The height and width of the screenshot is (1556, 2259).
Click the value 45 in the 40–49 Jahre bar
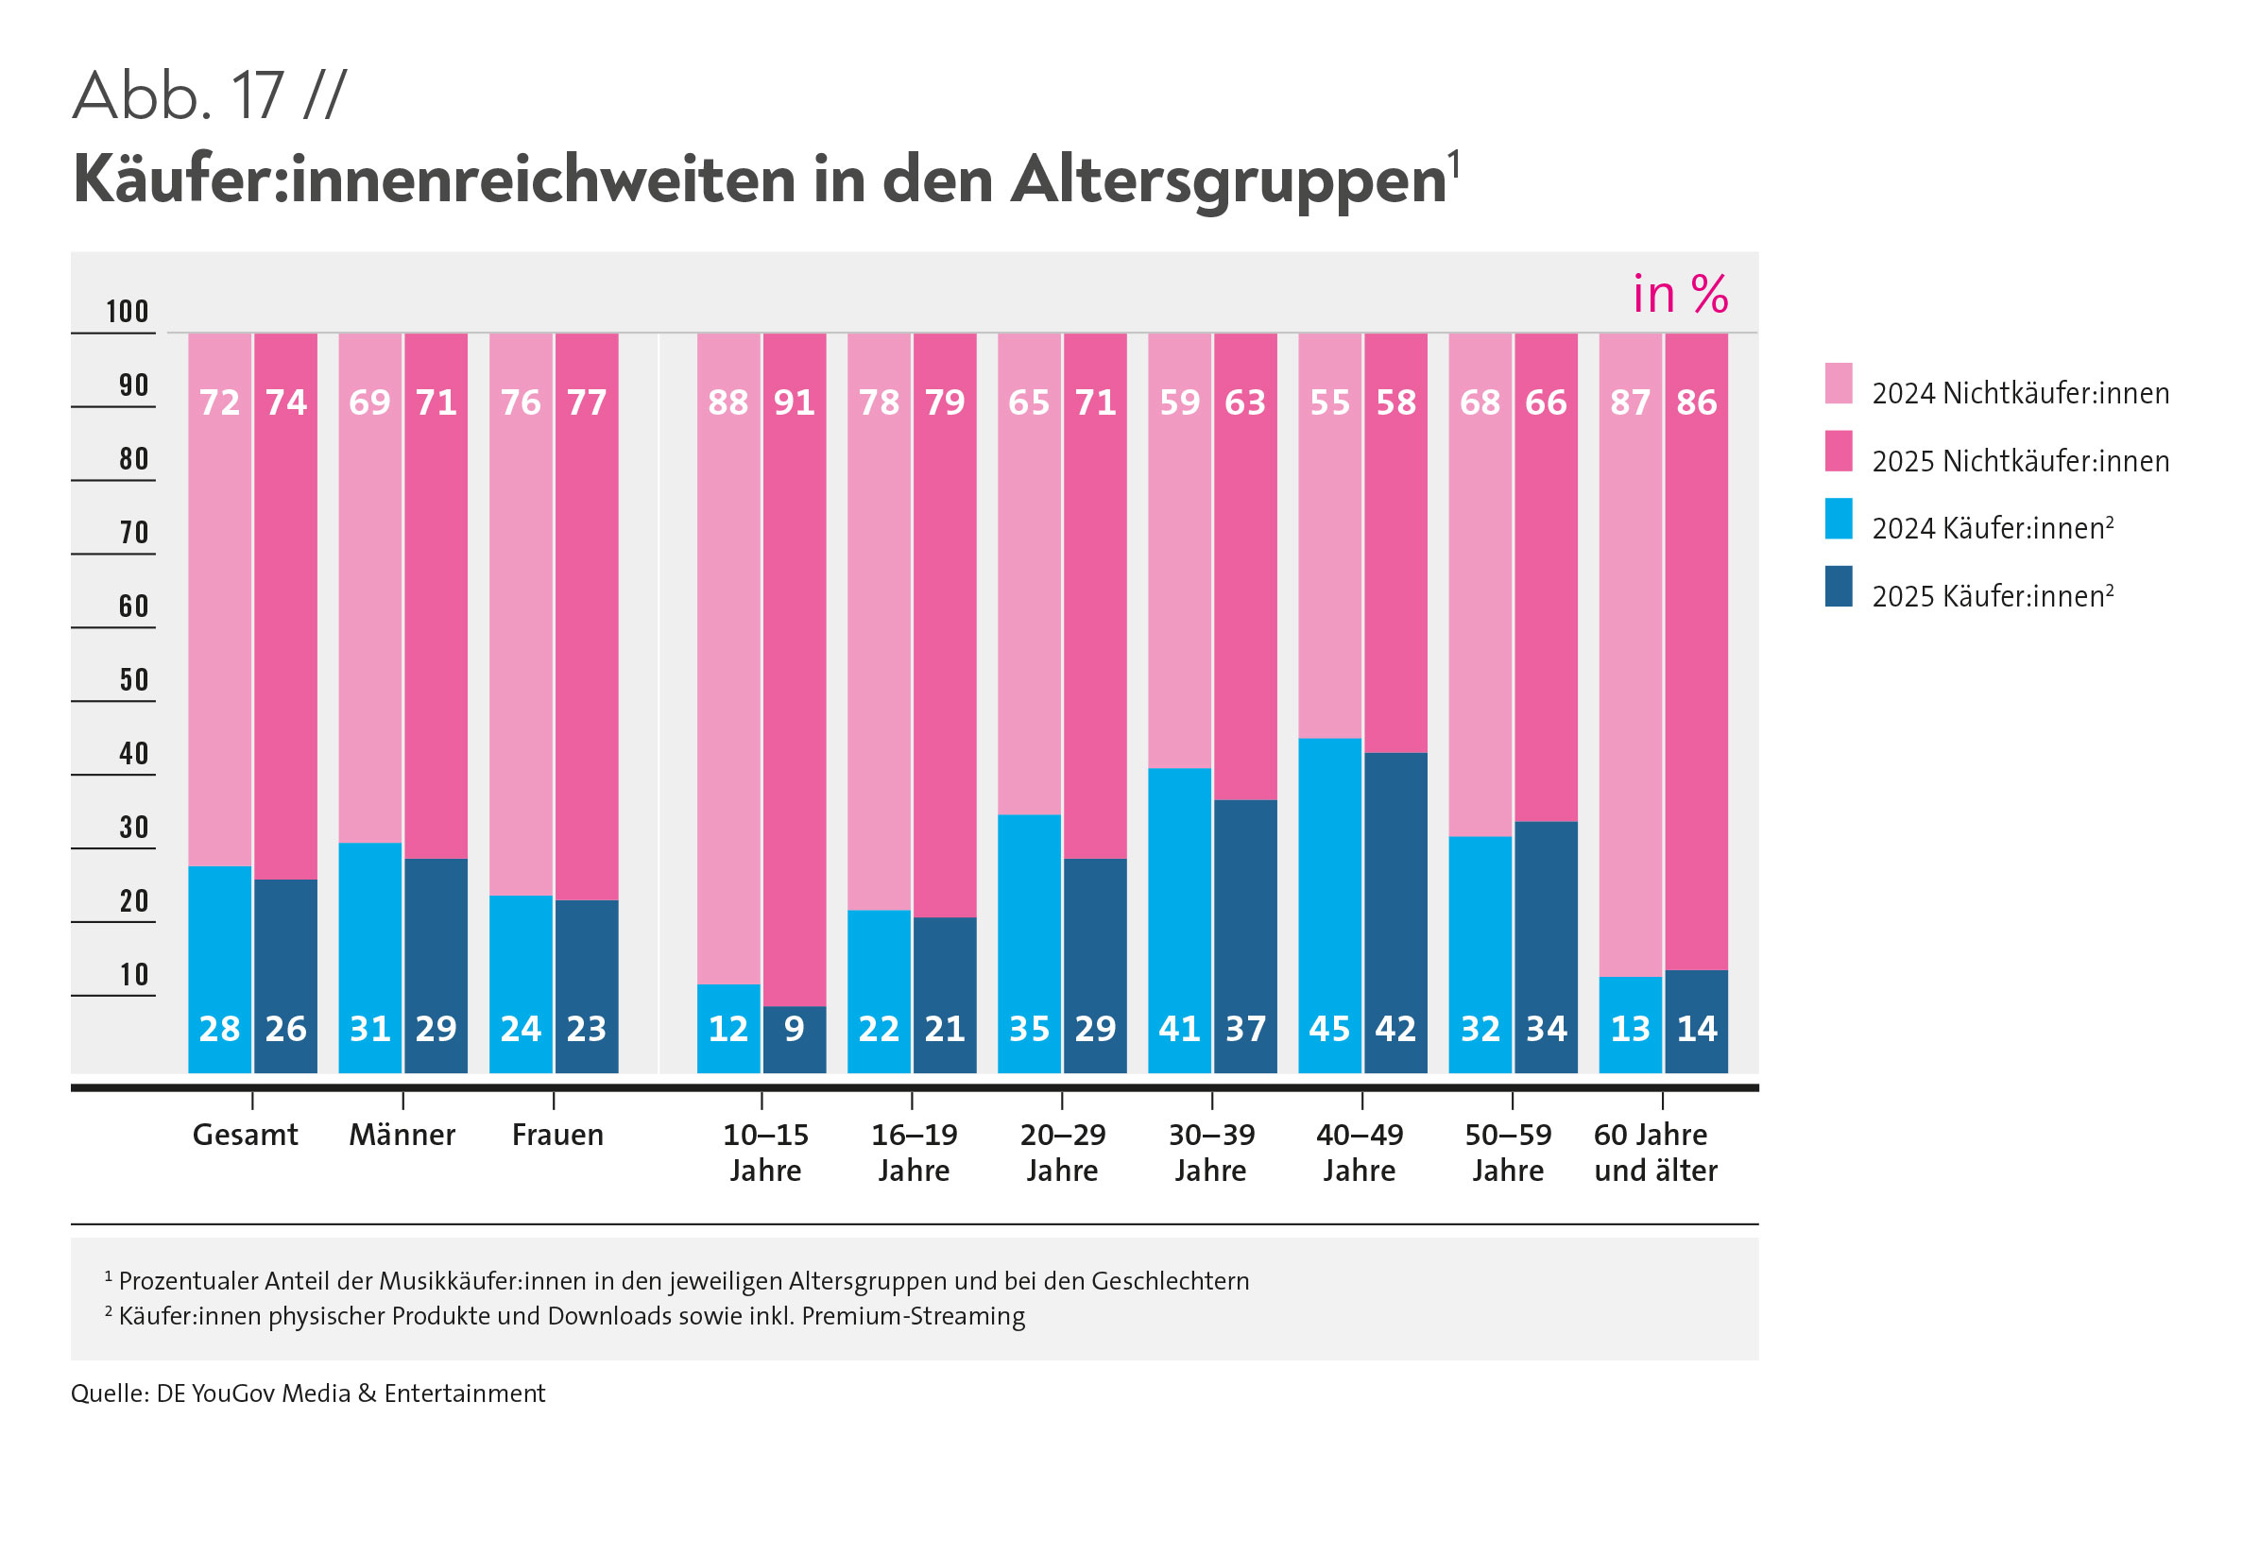(1329, 1029)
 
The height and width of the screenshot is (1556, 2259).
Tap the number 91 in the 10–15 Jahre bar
(794, 402)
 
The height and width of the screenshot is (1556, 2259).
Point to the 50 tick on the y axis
(133, 680)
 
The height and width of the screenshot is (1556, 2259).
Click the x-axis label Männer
(402, 1135)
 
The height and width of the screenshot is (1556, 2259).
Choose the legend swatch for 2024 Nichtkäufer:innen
(1838, 384)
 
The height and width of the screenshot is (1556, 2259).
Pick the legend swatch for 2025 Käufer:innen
(1838, 587)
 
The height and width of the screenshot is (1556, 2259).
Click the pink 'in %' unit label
(1680, 295)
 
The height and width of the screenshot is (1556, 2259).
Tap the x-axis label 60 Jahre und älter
(1654, 1153)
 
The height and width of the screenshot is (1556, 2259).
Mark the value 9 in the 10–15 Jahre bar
(794, 1029)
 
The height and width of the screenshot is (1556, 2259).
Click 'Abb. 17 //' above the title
(209, 96)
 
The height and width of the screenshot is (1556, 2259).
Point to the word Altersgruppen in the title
(1227, 180)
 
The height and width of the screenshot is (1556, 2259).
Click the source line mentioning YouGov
(307, 1394)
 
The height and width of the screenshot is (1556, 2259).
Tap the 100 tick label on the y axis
(127, 312)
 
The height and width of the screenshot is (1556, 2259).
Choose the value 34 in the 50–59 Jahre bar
(1547, 1029)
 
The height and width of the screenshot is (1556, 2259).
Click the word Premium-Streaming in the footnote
(913, 1316)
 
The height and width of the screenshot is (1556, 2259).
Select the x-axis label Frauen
(556, 1135)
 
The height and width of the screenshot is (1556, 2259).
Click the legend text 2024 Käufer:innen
(1992, 528)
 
